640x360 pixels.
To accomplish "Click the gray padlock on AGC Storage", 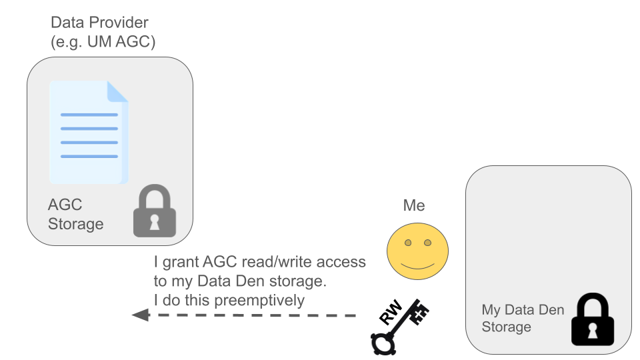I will click(155, 211).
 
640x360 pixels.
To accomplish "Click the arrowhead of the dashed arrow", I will click(140, 315).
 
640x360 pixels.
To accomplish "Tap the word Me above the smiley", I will click(413, 205).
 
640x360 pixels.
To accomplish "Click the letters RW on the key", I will click(391, 313).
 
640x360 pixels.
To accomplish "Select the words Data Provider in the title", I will click(99, 23).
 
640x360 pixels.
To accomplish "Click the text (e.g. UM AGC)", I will click(103, 43).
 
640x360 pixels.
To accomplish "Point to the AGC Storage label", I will click(75, 213).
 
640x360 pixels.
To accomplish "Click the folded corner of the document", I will click(117, 91).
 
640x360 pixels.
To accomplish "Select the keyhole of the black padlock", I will click(593, 329).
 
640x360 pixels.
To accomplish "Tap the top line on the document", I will click(89, 115).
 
